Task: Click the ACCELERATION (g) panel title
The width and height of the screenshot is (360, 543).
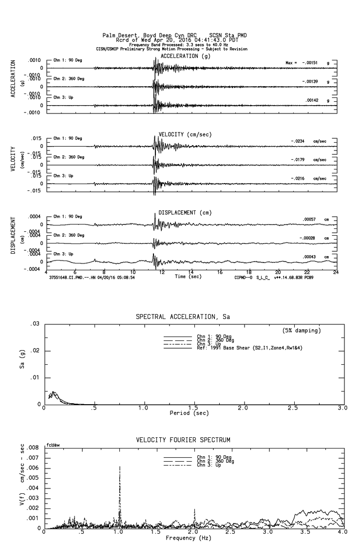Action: coord(186,56)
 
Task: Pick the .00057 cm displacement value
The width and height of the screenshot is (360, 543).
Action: coord(310,219)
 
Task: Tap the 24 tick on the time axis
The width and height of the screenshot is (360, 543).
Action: coord(336,272)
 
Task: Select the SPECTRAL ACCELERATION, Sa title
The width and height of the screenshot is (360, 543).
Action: coord(183,317)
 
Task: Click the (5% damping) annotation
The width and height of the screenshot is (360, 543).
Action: coord(302,331)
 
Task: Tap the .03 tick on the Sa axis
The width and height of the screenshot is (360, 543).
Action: coord(36,324)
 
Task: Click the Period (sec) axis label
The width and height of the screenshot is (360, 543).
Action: coord(189,412)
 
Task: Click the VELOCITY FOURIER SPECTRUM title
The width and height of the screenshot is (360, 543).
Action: coord(183,440)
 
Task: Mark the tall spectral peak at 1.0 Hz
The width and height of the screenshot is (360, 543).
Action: coord(119,468)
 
